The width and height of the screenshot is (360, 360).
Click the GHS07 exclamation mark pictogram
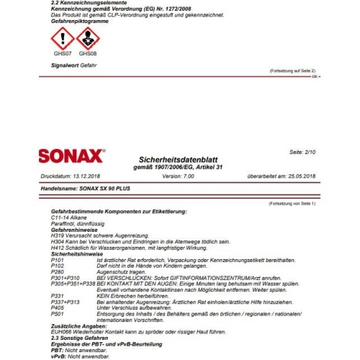pyautogui.click(x=62, y=38)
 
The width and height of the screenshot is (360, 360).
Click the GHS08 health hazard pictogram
pyautogui.click(x=86, y=38)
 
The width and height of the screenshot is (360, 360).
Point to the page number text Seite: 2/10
pyautogui.click(x=302, y=153)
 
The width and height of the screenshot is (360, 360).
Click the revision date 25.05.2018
pyautogui.click(x=299, y=176)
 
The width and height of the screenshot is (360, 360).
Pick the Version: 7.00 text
pyautogui.click(x=178, y=176)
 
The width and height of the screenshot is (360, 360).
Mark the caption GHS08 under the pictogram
pyautogui.click(x=87, y=53)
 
